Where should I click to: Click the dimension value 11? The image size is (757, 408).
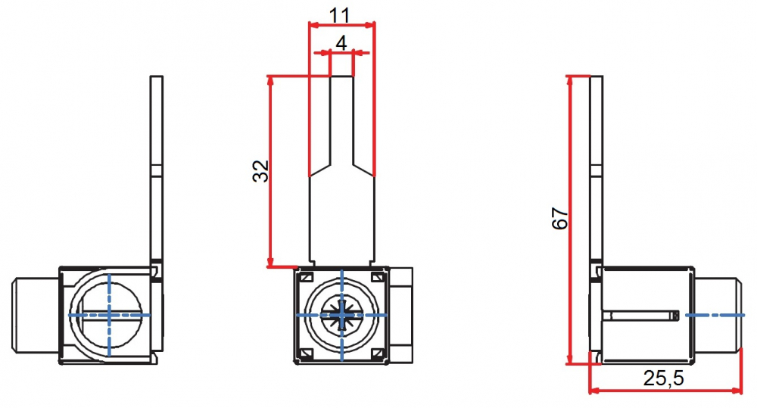click(341, 13)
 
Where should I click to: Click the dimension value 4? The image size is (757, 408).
click(341, 42)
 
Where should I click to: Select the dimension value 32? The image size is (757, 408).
click(260, 172)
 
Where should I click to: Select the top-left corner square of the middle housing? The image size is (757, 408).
click(306, 278)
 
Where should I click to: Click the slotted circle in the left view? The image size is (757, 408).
click(109, 313)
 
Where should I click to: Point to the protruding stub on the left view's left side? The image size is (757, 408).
click(36, 313)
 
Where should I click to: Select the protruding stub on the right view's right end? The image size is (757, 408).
click(717, 313)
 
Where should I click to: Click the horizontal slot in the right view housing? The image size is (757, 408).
click(643, 313)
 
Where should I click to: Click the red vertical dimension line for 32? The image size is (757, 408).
click(270, 172)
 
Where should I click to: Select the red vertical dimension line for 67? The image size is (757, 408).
click(569, 220)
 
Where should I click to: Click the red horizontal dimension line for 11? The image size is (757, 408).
click(341, 25)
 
